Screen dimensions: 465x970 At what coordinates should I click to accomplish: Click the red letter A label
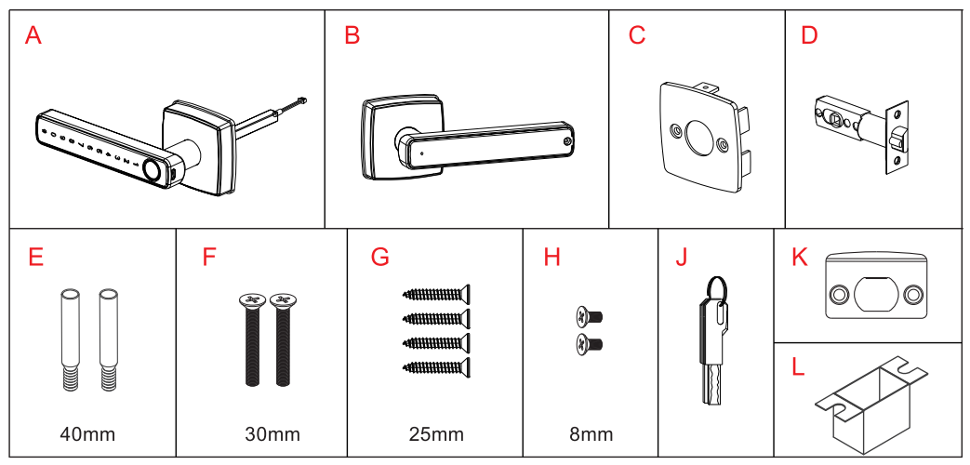click(x=33, y=36)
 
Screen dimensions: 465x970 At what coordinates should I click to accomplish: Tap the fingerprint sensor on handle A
click(x=151, y=169)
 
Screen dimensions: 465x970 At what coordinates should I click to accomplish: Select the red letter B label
click(x=352, y=36)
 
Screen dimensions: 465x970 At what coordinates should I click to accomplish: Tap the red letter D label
click(x=809, y=36)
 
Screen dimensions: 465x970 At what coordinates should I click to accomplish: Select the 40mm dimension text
click(x=86, y=434)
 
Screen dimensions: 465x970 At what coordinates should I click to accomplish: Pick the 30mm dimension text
click(x=272, y=434)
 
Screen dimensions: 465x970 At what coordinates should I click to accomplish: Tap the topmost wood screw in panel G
click(x=437, y=295)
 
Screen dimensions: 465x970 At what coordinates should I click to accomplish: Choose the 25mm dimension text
click(x=435, y=434)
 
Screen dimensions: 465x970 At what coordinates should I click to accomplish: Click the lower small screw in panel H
click(x=589, y=345)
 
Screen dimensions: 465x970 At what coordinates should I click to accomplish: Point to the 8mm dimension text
click(x=591, y=434)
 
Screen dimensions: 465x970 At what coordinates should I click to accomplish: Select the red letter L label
click(x=798, y=366)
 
